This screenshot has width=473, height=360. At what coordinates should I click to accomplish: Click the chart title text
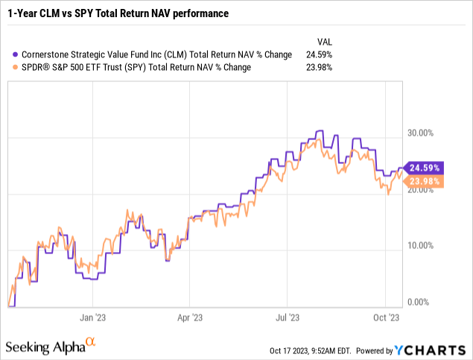tap(118, 13)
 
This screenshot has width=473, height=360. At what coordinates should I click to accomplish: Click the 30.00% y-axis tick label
tap(422, 133)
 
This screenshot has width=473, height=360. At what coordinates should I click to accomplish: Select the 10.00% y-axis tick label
tap(422, 246)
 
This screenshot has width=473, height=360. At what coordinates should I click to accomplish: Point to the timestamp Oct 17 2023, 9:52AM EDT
tap(311, 350)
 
